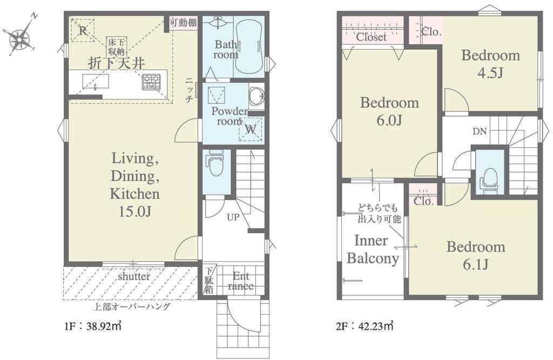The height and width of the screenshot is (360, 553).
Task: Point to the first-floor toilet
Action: [x=217, y=163]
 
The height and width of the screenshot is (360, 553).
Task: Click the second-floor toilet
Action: [x=489, y=180]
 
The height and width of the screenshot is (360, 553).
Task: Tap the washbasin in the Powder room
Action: [x=257, y=96]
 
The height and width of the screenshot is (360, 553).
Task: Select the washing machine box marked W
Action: [x=251, y=129]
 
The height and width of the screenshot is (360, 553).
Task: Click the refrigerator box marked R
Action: [x=83, y=30]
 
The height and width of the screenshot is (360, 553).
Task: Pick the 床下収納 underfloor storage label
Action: [x=117, y=47]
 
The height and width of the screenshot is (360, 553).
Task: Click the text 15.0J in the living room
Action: [x=134, y=212]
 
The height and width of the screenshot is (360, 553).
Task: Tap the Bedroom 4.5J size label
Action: [x=490, y=73]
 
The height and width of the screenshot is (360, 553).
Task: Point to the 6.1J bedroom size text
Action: [x=476, y=264]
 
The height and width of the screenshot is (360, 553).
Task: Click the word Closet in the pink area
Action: [x=372, y=37]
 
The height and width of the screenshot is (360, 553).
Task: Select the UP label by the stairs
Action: [x=233, y=217]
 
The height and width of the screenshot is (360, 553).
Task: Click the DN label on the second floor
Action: [x=480, y=132]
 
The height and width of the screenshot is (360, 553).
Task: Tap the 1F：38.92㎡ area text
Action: [x=93, y=326]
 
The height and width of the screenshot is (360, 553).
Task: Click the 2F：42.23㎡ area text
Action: [x=365, y=326]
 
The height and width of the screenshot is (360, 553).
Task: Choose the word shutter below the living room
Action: [x=134, y=276]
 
